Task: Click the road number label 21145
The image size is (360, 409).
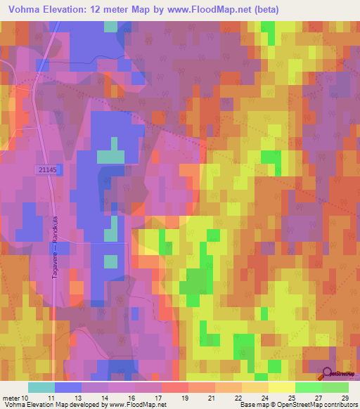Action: pos(47,169)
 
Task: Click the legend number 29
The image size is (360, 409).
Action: pos(344,397)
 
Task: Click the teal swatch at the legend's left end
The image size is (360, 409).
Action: pos(41,387)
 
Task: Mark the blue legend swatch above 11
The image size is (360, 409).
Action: pos(68,387)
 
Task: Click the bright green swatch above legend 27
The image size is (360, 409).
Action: pos(308,387)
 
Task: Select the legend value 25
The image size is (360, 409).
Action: pos(290,397)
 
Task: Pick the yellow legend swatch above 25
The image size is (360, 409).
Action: pos(281,387)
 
